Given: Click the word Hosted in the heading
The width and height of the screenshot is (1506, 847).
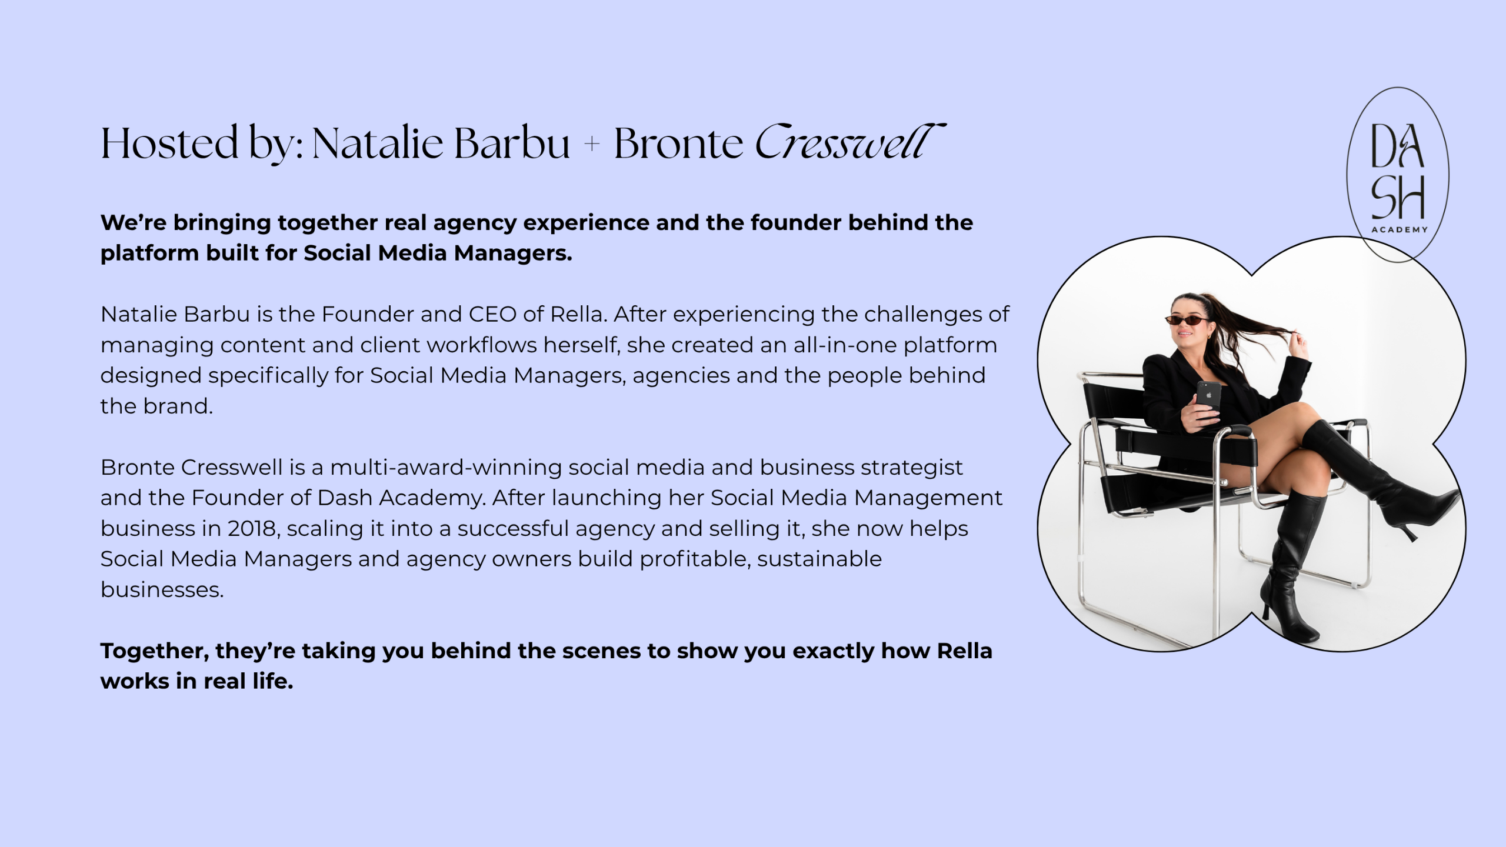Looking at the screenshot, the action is (x=169, y=143).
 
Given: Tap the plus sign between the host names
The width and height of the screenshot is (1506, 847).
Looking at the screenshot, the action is (x=592, y=144).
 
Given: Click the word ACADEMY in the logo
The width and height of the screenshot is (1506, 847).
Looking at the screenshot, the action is (x=1400, y=229).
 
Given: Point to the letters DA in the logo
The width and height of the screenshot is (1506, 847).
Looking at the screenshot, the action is (x=1397, y=145).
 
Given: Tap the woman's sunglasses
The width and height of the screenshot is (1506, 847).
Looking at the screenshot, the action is (x=1187, y=320).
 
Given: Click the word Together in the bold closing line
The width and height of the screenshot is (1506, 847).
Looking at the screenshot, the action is (x=155, y=651).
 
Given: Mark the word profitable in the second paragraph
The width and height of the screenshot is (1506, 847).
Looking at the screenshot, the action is (x=695, y=559).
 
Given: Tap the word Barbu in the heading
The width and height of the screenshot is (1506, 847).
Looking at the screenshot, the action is (x=512, y=143).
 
